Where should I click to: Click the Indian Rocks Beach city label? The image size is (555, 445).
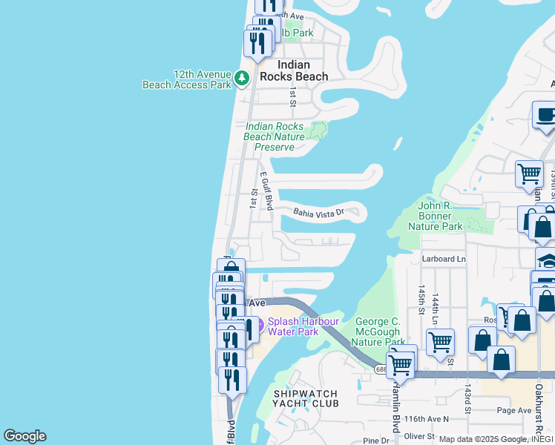[x=293, y=70]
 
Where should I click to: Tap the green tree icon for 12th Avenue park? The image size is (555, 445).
[x=242, y=77]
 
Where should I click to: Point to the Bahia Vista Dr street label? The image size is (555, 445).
[x=319, y=212]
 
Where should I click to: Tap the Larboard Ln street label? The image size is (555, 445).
[x=443, y=259]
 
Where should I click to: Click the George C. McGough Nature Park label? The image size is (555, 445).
[x=378, y=331]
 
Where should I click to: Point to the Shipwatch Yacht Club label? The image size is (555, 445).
[x=306, y=398]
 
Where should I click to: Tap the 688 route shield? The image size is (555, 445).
[x=381, y=369]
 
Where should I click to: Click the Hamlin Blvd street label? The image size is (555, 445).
[x=395, y=412]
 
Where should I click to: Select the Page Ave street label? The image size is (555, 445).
[x=514, y=410]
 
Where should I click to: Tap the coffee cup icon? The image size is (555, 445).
[x=545, y=115]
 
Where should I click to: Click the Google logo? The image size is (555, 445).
[x=24, y=436]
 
